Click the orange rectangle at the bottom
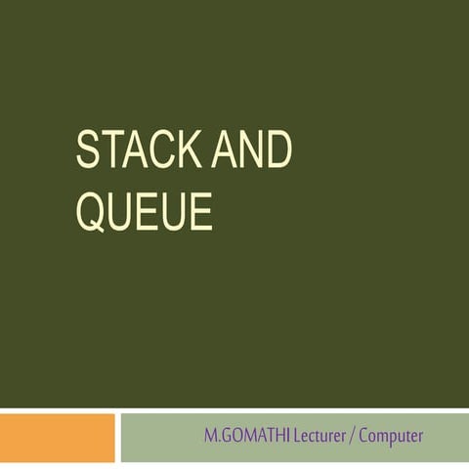(57, 436)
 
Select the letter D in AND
(278, 152)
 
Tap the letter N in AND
(252, 152)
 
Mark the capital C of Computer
(364, 436)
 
